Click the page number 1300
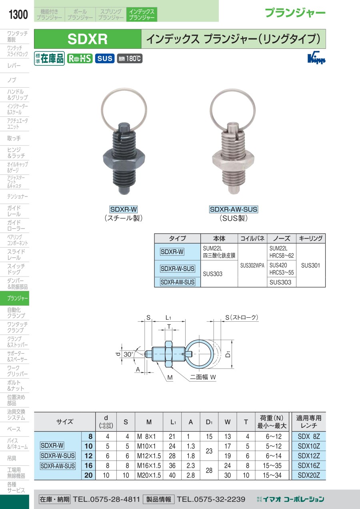point(18,14)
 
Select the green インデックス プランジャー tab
point(142,14)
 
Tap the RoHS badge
point(80,59)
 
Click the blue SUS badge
point(105,59)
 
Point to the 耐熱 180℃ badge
point(130,59)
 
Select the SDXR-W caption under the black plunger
point(124,209)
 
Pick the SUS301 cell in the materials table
point(310,265)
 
